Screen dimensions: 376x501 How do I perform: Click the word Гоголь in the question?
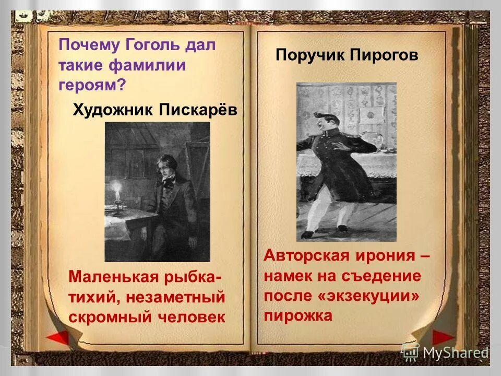coord(152,45)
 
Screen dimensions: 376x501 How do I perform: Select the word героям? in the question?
coord(92,86)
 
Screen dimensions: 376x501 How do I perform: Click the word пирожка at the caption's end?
coord(298,315)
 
